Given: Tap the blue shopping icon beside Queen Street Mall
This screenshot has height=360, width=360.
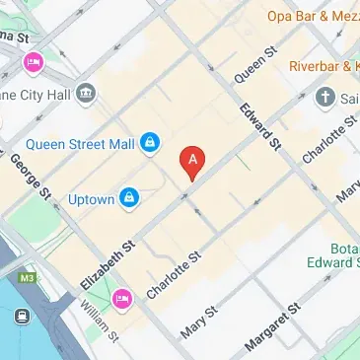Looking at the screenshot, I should (x=150, y=144).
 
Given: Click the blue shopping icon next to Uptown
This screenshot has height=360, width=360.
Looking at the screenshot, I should (x=129, y=199).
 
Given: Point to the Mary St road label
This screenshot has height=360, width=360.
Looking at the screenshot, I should (x=204, y=321).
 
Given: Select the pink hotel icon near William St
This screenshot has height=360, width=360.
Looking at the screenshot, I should (x=122, y=297).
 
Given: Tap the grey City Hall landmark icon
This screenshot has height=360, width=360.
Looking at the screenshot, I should (x=87, y=93).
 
